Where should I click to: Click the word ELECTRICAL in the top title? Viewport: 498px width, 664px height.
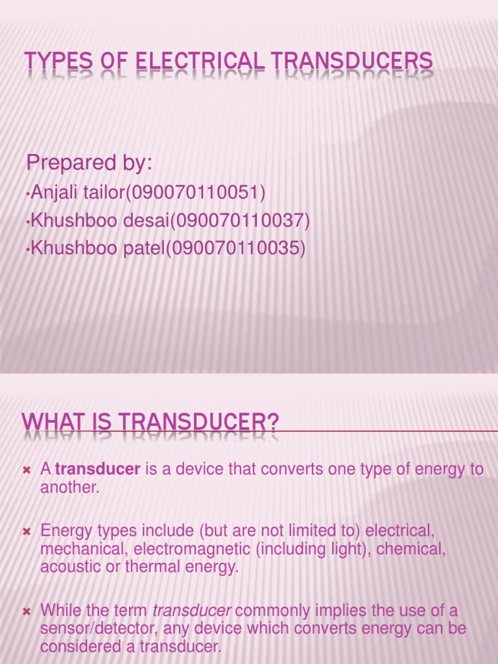[204, 62]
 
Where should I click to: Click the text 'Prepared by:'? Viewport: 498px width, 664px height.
[89, 163]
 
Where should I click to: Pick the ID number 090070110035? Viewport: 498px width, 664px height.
[238, 249]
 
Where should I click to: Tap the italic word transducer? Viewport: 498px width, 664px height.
[191, 611]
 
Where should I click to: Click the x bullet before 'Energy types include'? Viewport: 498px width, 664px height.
[27, 532]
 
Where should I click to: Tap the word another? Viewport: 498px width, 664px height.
[69, 488]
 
